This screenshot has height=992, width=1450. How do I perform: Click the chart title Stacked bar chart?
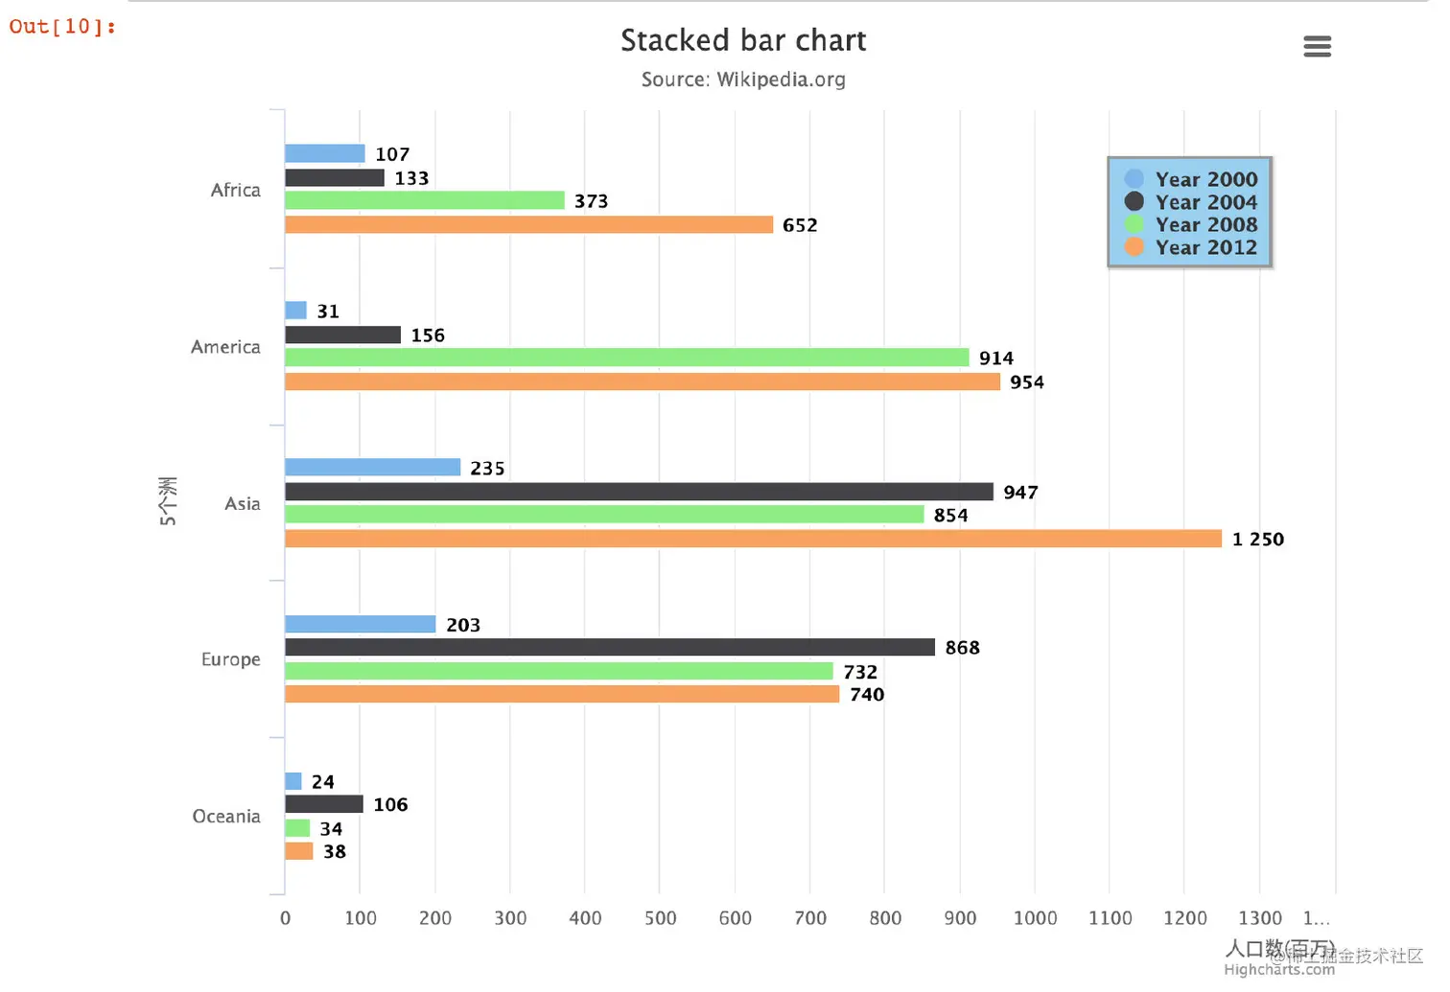pos(743,40)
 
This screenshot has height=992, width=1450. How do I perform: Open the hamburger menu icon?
pos(1317,46)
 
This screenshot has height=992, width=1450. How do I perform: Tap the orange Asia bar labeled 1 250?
pos(753,539)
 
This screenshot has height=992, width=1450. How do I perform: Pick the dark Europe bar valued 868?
pos(610,647)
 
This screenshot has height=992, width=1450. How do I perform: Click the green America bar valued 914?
pos(627,358)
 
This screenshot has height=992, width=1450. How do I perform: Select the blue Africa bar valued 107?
pos(325,153)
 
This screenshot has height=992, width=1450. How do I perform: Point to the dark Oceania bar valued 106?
pos(324,804)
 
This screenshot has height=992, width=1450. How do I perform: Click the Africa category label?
pos(236,190)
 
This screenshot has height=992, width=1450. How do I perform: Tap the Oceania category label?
pos(226,817)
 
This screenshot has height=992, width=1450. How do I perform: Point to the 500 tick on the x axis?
pos(660,918)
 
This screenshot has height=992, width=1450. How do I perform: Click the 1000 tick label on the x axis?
pos(1035,918)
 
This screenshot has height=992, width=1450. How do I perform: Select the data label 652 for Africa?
pos(800,225)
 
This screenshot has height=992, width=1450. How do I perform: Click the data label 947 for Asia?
pos(1020,493)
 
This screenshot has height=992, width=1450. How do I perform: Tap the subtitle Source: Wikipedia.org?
pos(743,80)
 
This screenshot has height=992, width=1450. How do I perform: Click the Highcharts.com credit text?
pos(1278,970)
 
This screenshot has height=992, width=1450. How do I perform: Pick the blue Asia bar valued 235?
pos(373,468)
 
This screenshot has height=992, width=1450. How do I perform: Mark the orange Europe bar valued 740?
pos(562,694)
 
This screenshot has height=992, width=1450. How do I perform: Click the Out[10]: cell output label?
pos(62,27)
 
